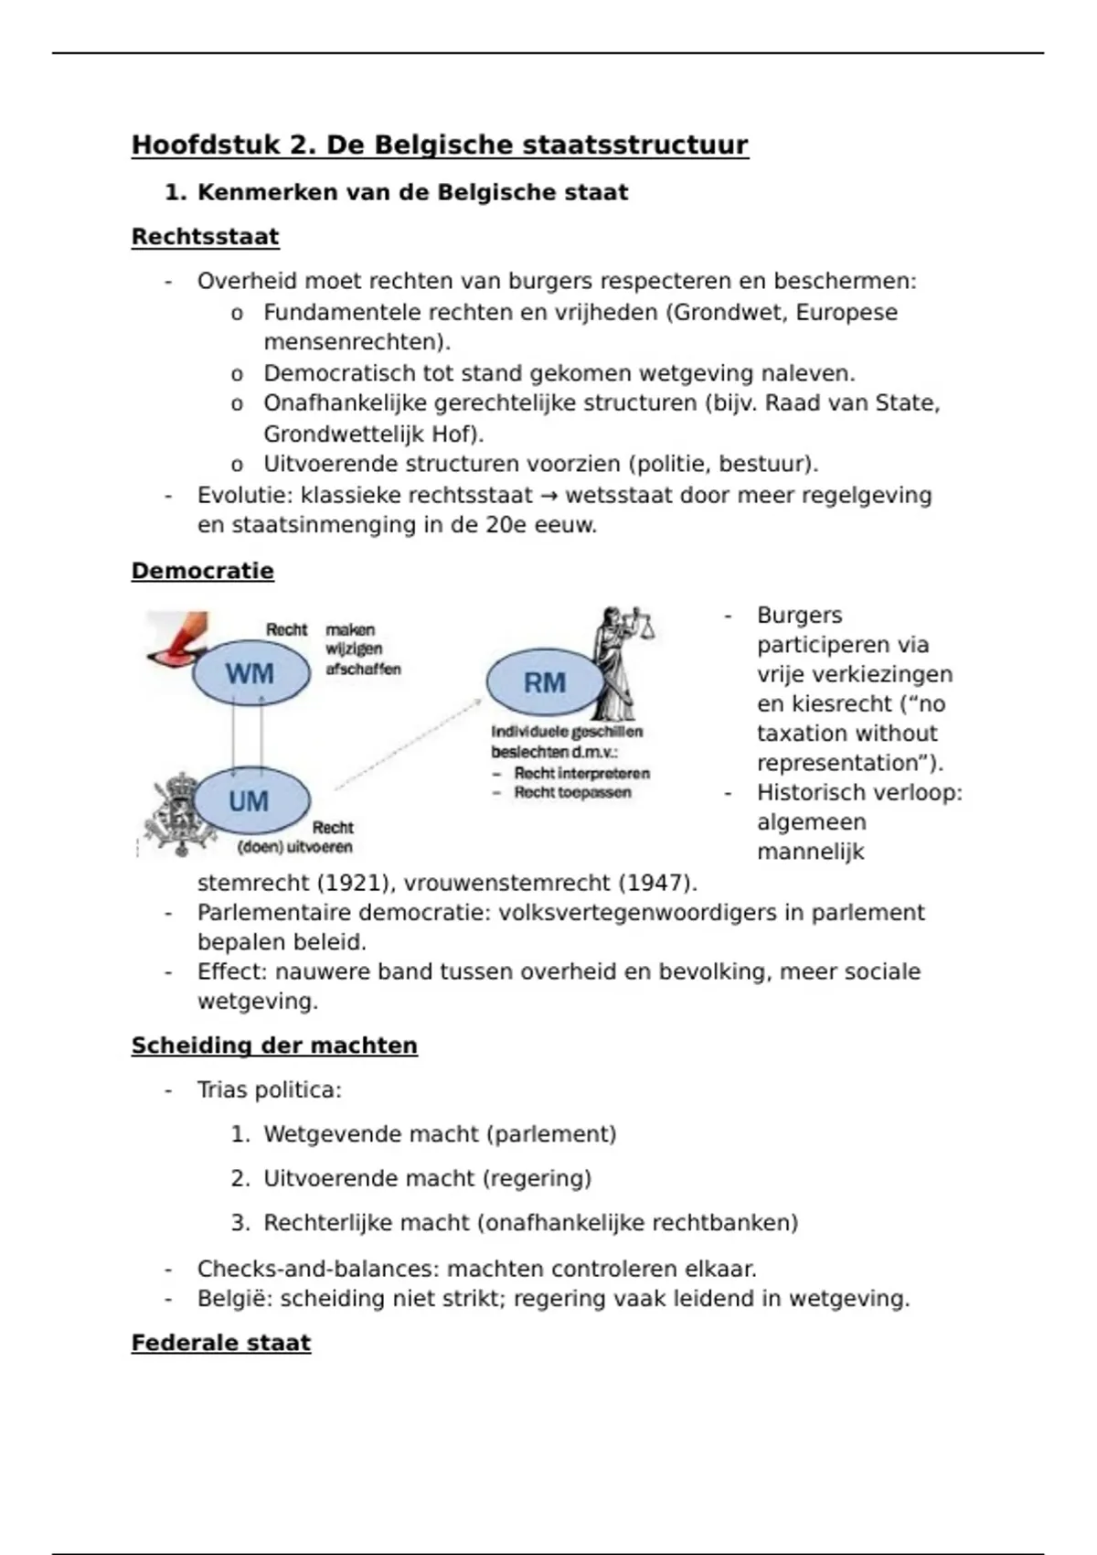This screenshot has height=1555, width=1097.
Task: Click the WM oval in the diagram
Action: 250,674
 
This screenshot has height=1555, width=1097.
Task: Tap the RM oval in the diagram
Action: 545,682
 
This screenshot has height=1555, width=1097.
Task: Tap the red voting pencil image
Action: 178,638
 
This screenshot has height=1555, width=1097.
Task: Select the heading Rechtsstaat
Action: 205,237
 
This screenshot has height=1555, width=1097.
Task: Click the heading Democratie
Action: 202,571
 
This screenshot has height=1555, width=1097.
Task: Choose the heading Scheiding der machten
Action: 274,1046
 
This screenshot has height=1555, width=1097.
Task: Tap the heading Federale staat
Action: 221,1343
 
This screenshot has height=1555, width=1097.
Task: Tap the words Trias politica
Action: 269,1089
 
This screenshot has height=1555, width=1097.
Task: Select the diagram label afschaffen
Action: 363,669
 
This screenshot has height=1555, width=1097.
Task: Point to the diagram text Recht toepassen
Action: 572,792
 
